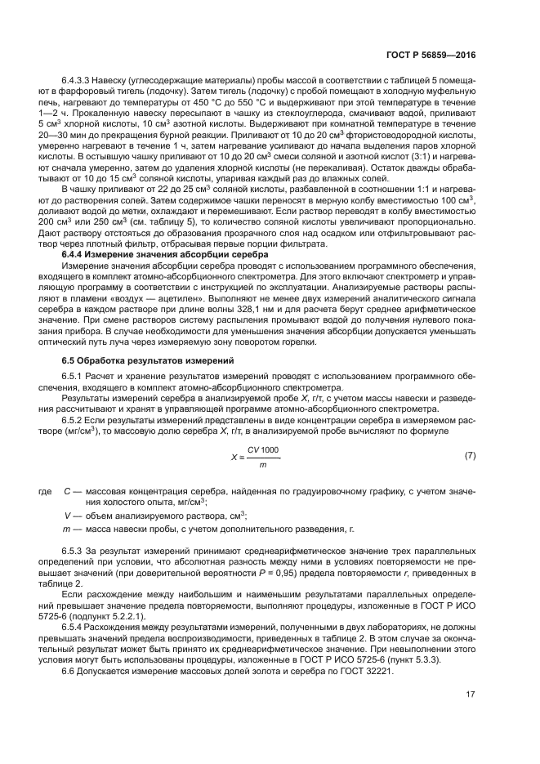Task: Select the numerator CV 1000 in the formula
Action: (x=263, y=449)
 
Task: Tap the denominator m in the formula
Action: (x=262, y=464)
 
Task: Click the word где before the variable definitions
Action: (x=45, y=491)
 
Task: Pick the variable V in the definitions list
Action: (x=67, y=516)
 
